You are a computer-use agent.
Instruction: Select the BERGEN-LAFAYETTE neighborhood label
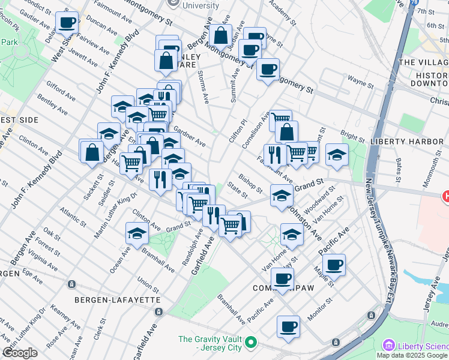coord(109,299)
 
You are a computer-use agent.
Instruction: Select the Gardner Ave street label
coord(190,136)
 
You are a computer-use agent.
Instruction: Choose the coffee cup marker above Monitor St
coord(288,326)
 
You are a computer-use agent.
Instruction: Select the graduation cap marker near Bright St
coord(337,154)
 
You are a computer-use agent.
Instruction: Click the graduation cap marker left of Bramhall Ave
coord(137,233)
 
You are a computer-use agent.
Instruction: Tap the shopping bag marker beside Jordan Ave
coord(220,35)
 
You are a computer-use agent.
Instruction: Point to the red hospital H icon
coord(445,196)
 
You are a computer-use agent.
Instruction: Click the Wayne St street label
coord(361,78)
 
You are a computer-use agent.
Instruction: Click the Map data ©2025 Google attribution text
coord(412,355)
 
